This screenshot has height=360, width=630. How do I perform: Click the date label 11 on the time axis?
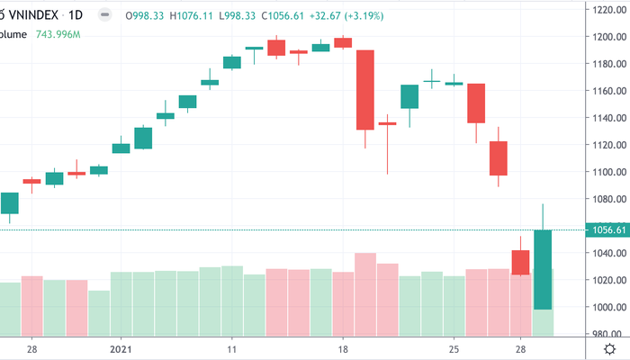point(232,349)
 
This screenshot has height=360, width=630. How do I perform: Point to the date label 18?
point(343,349)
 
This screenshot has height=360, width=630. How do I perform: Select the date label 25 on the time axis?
point(454,349)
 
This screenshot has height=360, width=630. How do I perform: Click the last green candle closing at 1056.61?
point(543,270)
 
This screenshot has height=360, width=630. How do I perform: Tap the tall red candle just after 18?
point(365,90)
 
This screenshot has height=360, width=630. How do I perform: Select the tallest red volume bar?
point(365,293)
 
